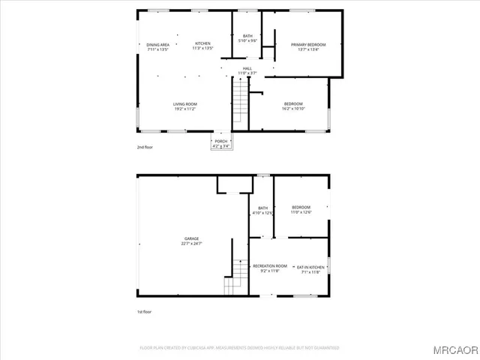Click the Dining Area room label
pyautogui.click(x=157, y=44)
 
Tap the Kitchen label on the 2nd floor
pyautogui.click(x=203, y=44)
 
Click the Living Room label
pyautogui.click(x=184, y=103)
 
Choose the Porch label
pyautogui.click(x=221, y=141)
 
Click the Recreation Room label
pyautogui.click(x=270, y=266)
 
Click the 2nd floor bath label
pyautogui.click(x=247, y=37)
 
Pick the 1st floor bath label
pyautogui.click(x=263, y=208)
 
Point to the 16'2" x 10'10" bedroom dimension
pyautogui.click(x=293, y=109)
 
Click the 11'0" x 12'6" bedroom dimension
pyautogui.click(x=301, y=212)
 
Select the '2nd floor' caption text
pyautogui.click(x=145, y=148)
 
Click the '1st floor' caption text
pyautogui.click(x=144, y=310)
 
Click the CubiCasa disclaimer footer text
pyautogui.click(x=240, y=348)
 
